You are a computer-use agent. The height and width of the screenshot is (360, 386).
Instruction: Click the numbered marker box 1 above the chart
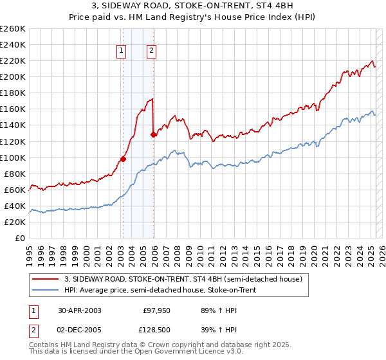122,52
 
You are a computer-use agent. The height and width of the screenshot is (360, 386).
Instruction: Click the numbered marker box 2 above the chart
151,52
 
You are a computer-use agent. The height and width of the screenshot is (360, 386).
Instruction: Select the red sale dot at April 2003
123,159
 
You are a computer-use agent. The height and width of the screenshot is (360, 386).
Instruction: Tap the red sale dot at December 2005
153,134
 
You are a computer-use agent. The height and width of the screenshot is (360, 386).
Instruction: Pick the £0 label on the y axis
20,238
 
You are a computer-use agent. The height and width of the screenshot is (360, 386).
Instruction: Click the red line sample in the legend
45,278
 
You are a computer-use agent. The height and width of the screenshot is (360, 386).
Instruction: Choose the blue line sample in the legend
45,290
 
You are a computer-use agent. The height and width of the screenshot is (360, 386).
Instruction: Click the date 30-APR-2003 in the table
79,310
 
